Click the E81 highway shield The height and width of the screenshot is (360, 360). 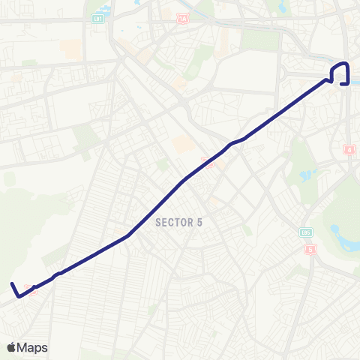click(x=98, y=17)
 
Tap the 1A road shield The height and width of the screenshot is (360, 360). click(x=184, y=17)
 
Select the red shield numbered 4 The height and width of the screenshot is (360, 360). click(x=349, y=151)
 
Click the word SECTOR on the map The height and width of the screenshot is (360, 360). click(x=172, y=222)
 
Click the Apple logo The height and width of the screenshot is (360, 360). click(x=11, y=347)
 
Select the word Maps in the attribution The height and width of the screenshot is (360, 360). click(x=33, y=347)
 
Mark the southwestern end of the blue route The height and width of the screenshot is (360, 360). click(x=11, y=283)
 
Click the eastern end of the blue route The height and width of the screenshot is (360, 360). click(x=342, y=84)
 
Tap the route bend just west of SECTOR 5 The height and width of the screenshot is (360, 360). click(x=129, y=235)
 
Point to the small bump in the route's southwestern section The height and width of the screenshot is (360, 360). click(x=58, y=273)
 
